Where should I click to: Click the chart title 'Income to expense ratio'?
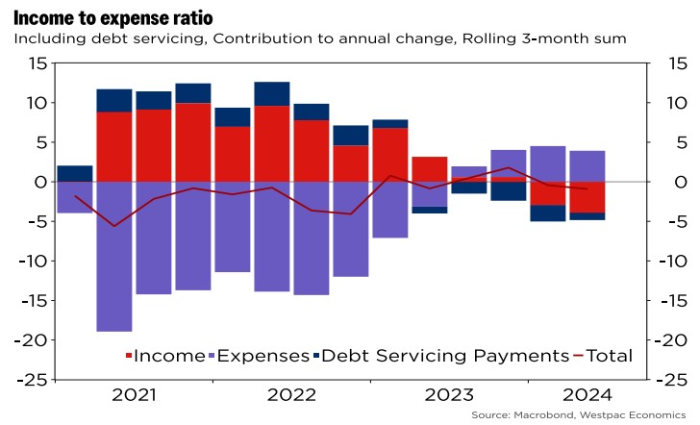tap(113, 16)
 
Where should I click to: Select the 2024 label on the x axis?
tap(587, 394)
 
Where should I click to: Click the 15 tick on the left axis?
tap(37, 63)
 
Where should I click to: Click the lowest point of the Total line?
tap(114, 226)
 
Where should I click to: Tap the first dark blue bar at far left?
tap(75, 173)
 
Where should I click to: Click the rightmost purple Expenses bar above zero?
tap(587, 165)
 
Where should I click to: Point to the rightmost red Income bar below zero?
tap(587, 197)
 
